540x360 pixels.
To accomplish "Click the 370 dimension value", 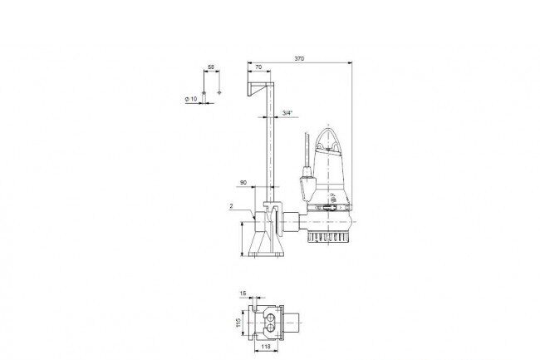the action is click(299, 59).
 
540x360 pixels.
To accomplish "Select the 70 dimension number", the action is click(258, 67).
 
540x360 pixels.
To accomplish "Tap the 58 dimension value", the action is click(211, 67).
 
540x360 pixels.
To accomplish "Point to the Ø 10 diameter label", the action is click(191, 99).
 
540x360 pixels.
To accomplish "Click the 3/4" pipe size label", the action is click(287, 112).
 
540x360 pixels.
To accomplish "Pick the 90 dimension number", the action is click(243, 183).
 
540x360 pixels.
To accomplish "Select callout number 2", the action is click(232, 206).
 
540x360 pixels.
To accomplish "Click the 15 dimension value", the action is click(243, 293).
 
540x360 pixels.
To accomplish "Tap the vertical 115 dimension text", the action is click(238, 323).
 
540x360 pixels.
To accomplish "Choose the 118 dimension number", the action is click(266, 347).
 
